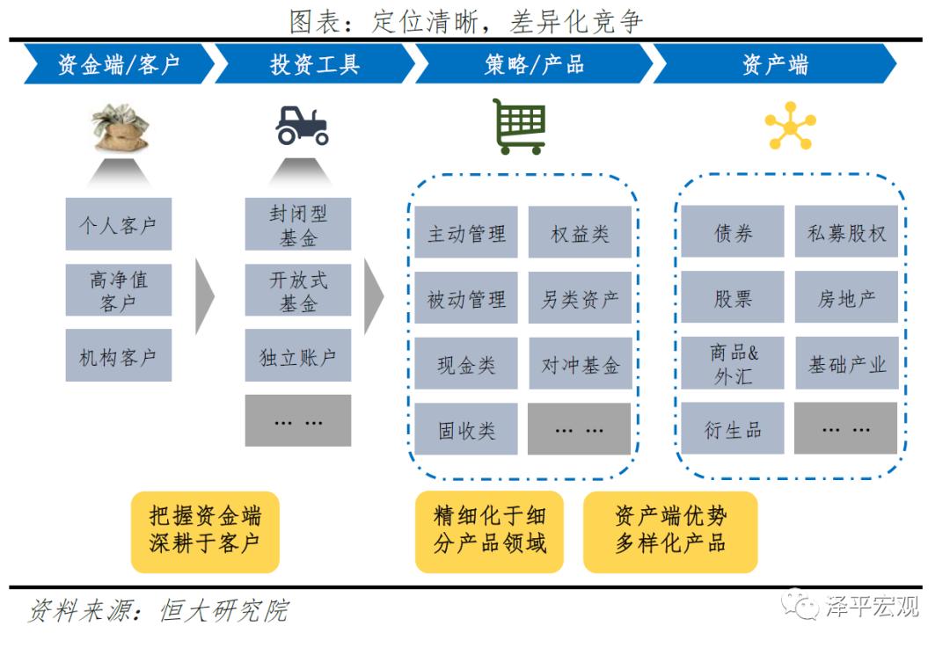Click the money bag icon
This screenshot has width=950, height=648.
[x=120, y=127]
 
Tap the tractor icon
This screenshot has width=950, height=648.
[x=301, y=126]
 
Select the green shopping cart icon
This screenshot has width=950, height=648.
[x=519, y=127]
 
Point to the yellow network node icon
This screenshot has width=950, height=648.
[x=789, y=127]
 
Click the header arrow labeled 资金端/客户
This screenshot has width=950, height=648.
[x=118, y=64]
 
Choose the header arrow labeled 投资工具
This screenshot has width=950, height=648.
[x=314, y=64]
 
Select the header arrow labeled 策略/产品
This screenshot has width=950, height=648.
[x=533, y=64]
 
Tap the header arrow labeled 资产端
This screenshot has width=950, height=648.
[x=774, y=64]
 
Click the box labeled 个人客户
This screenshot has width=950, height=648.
[x=118, y=224]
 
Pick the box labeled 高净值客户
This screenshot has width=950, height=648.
[x=118, y=291]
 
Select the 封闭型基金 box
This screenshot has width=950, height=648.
[x=298, y=224]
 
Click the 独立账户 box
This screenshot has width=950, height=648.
[x=298, y=356]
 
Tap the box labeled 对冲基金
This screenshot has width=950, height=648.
[x=580, y=364]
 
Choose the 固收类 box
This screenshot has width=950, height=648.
[x=466, y=429]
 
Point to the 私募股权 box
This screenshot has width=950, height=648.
[x=846, y=232]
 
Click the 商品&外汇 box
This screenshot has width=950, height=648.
[x=733, y=363]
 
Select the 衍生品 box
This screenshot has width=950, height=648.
[x=733, y=429]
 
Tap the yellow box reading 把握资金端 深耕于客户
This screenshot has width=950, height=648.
[x=204, y=531]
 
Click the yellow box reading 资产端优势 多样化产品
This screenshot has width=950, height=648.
[x=670, y=531]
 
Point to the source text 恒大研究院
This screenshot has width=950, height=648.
[x=224, y=610]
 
